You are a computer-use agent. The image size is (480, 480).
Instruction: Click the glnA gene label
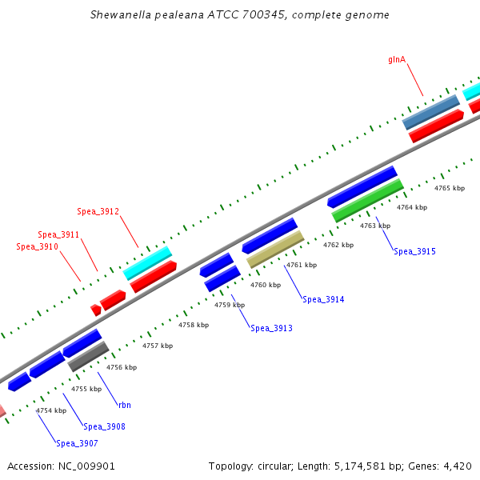pos(397,59)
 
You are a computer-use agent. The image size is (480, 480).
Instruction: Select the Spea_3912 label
pos(98,212)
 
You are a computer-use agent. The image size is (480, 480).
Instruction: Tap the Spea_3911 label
pos(58,235)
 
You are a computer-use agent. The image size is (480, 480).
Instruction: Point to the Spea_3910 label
pos(37,247)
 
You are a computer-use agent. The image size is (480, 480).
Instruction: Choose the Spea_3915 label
pos(414,252)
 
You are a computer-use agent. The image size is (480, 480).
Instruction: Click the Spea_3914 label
pos(323,300)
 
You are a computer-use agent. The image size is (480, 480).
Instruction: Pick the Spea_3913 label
pos(271,329)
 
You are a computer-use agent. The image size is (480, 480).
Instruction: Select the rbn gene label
pos(124,406)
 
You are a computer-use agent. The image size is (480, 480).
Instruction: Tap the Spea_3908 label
pos(104,427)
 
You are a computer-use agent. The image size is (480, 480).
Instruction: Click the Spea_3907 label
pos(77,444)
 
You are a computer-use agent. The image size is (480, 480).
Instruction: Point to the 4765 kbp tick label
pos(449,189)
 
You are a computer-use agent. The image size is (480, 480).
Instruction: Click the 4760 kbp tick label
pos(266,285)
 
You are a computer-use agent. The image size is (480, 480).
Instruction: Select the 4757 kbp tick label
pos(158,346)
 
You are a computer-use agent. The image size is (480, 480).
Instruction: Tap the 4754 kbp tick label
pos(50,410)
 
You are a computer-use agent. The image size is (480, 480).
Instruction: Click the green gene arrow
pos(367,200)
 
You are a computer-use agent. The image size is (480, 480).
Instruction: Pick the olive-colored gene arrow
pos(275,250)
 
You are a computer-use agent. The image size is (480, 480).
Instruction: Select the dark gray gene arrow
pos(88,357)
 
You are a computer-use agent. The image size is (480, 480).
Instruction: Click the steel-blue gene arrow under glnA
pos(430,112)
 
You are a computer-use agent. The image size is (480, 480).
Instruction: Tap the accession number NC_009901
pos(85,466)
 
